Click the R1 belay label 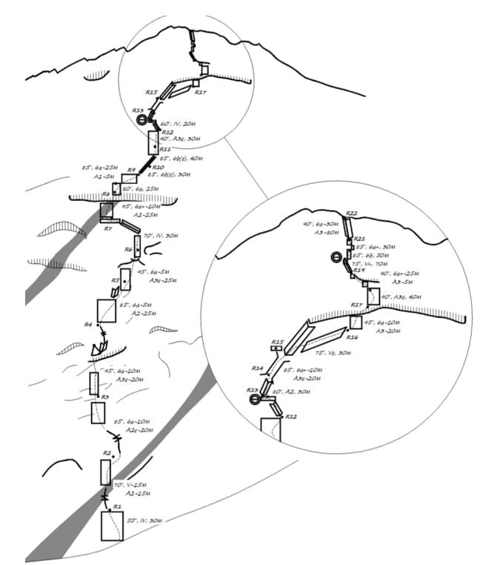(x=116, y=506)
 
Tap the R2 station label (x=107, y=452)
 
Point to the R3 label (x=105, y=397)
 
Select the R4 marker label (x=87, y=325)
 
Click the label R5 (x=116, y=280)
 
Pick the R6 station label (x=128, y=249)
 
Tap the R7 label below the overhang (x=107, y=228)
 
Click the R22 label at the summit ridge (x=351, y=214)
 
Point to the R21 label (x=359, y=239)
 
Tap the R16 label (x=352, y=337)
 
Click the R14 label (x=258, y=368)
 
